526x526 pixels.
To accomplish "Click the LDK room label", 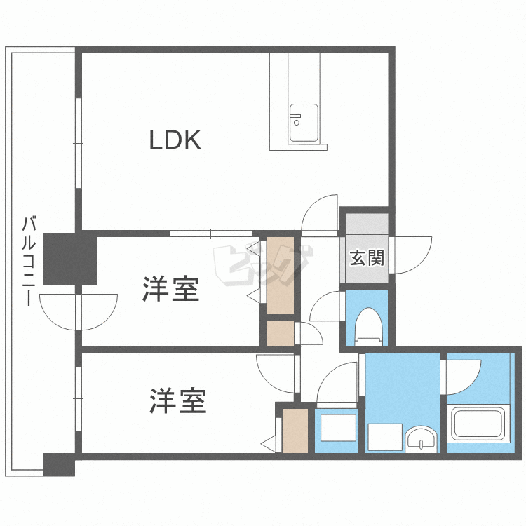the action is [175, 140].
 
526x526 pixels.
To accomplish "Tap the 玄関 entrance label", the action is [367, 258].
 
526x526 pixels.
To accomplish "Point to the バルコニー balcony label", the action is [29, 262].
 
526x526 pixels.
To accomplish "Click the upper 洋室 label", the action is [171, 289].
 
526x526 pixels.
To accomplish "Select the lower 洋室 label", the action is [178, 400].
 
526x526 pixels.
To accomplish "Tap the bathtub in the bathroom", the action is [478, 422].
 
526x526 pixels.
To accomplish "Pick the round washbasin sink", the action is [422, 439].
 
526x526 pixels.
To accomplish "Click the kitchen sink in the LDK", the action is [304, 123].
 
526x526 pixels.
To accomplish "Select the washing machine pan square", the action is [338, 428].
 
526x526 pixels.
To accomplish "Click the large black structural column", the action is [70, 259].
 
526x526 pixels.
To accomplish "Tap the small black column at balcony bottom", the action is [59, 464].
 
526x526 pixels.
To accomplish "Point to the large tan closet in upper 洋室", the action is [281, 276].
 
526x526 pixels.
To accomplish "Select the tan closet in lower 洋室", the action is [295, 431].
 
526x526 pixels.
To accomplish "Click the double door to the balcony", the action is [79, 312].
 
